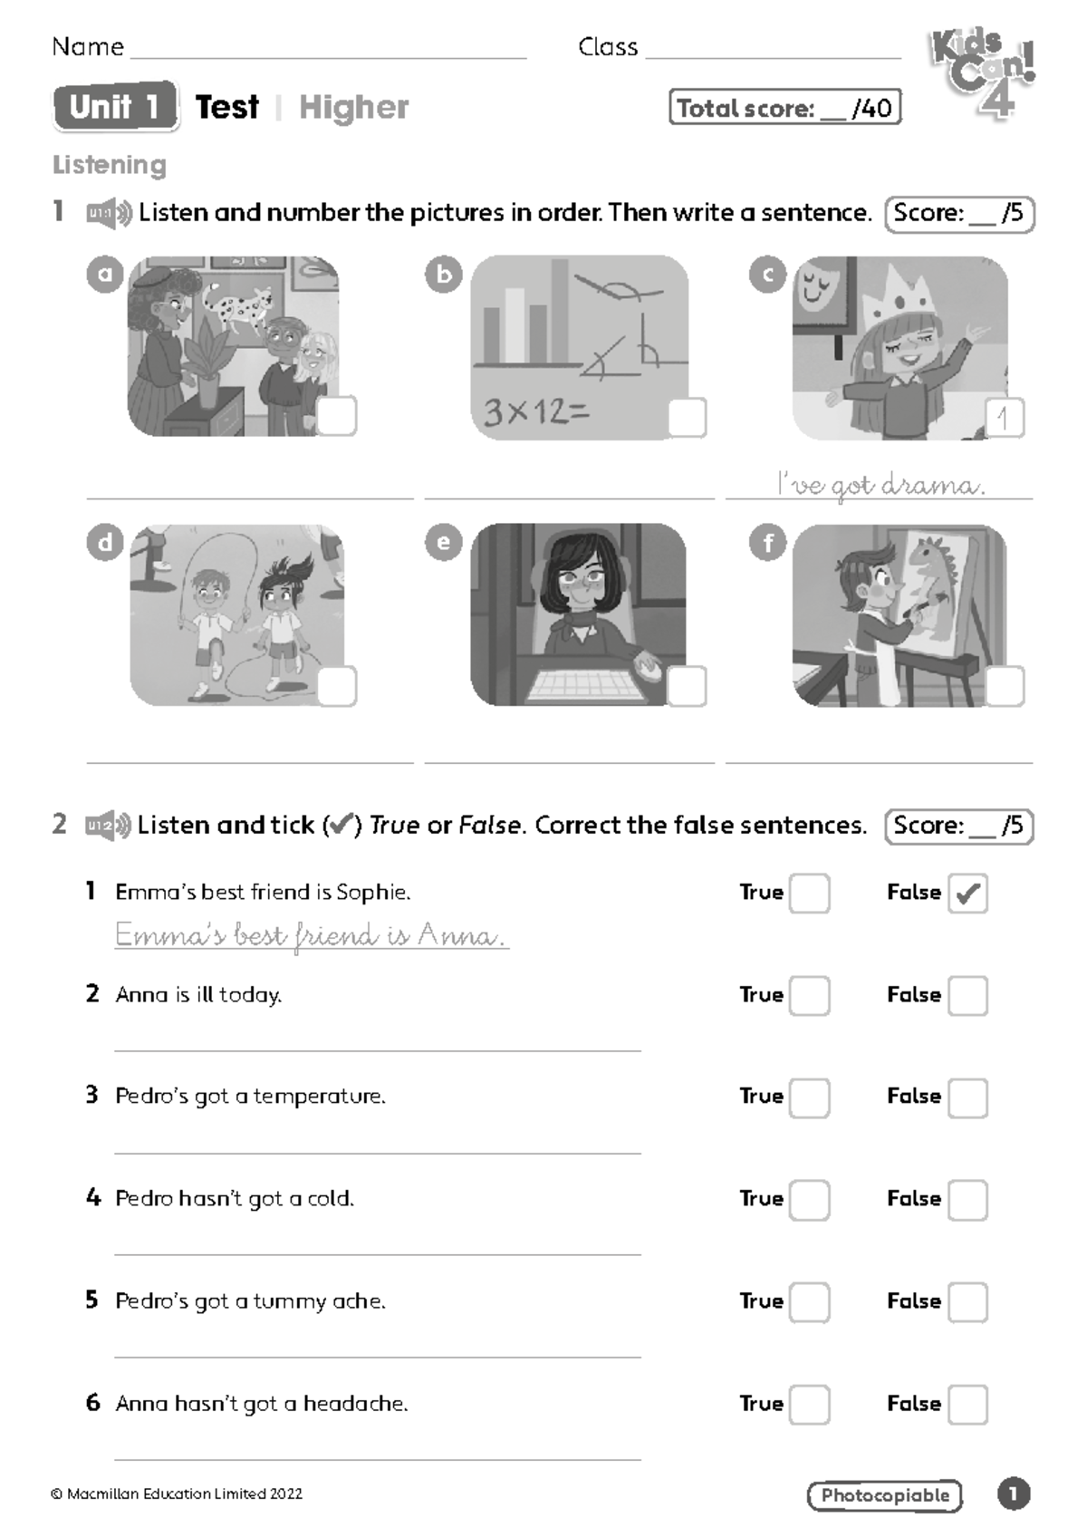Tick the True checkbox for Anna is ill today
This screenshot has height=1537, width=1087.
pos(809,996)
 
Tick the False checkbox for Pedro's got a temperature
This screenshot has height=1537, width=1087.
pos(967,1097)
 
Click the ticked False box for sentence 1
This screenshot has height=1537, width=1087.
pos(967,894)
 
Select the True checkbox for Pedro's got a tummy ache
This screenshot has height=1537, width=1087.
pos(809,1302)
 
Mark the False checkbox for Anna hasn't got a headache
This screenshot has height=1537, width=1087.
pos(967,1405)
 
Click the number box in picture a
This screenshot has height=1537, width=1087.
pos(337,416)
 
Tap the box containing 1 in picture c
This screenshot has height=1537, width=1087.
pos(1005,417)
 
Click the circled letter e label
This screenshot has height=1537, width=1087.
pos(444,542)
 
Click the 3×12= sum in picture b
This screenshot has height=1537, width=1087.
pos(536,412)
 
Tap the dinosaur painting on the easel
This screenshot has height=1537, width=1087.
pos(935,590)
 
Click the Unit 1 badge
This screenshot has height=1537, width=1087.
pos(116,106)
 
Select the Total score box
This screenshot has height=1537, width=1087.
pos(785,107)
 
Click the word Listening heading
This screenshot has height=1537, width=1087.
pos(110,165)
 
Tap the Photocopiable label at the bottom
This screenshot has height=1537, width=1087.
pos(885,1495)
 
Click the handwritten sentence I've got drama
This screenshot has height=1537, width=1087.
pos(881,485)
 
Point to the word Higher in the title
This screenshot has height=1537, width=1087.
pos(354,108)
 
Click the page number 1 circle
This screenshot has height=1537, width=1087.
pos(1015,1493)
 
